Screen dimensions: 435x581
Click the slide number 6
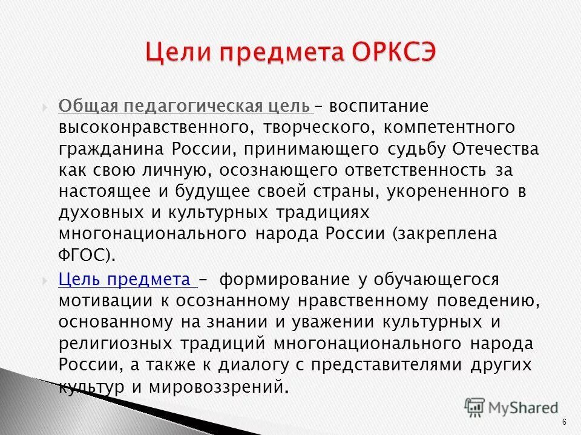tap(564, 422)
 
